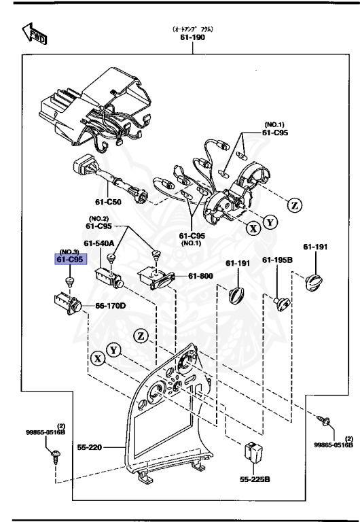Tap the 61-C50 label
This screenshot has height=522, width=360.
[x=109, y=203]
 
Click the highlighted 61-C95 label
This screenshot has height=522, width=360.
[x=71, y=260]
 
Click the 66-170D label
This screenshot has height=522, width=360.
[x=110, y=307]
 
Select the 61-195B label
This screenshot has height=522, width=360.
[x=278, y=260]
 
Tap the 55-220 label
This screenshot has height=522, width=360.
[x=107, y=449]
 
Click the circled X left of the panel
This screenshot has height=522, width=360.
[x=98, y=358]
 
